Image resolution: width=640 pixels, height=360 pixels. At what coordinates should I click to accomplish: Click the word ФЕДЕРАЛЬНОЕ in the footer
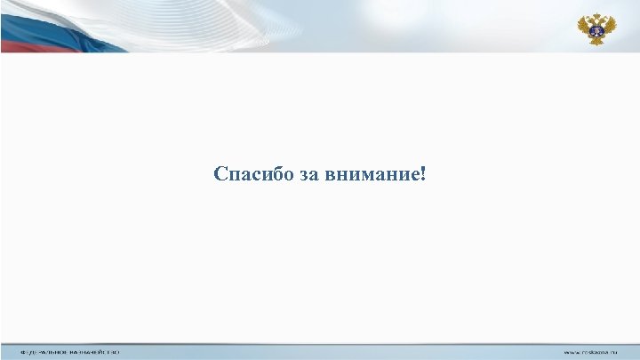pyautogui.click(x=44, y=353)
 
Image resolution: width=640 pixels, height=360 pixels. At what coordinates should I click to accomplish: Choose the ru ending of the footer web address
pyautogui.click(x=613, y=353)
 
